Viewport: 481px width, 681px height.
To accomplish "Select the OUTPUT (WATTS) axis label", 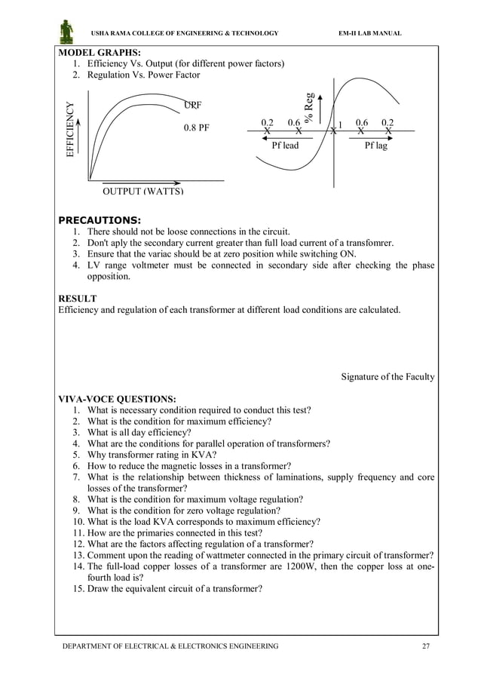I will point(142,191).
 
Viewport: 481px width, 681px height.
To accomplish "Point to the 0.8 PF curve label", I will point(197,127).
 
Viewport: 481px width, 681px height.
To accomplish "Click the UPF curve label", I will point(194,104).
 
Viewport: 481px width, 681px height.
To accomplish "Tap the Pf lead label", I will point(285,146).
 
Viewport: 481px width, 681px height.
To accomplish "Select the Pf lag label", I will point(375,146).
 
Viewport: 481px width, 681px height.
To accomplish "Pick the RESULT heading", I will point(78,299).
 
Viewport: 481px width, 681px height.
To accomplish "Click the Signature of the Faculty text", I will point(388,376).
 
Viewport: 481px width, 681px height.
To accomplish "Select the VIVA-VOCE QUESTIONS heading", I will point(118,398).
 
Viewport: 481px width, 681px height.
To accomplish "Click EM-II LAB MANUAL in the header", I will point(371,34).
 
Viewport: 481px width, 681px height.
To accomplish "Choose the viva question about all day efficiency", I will point(139,433).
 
